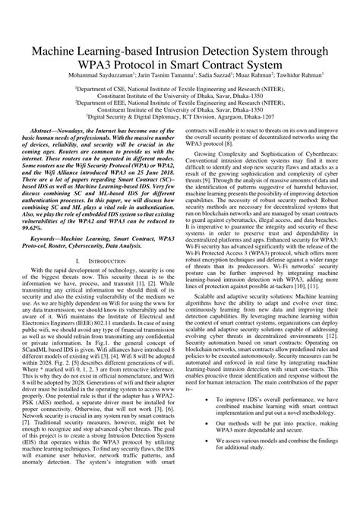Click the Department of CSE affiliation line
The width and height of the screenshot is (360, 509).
click(180, 89)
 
